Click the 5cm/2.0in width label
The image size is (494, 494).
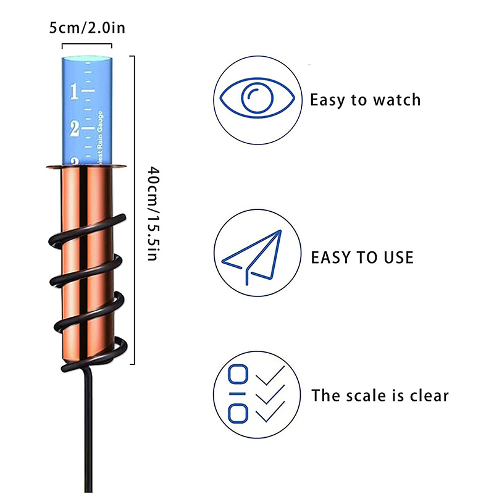(87, 28)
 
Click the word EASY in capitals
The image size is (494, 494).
(332, 257)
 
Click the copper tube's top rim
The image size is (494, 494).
(87, 164)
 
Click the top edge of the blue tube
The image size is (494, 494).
(87, 58)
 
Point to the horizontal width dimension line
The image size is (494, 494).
(87, 44)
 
